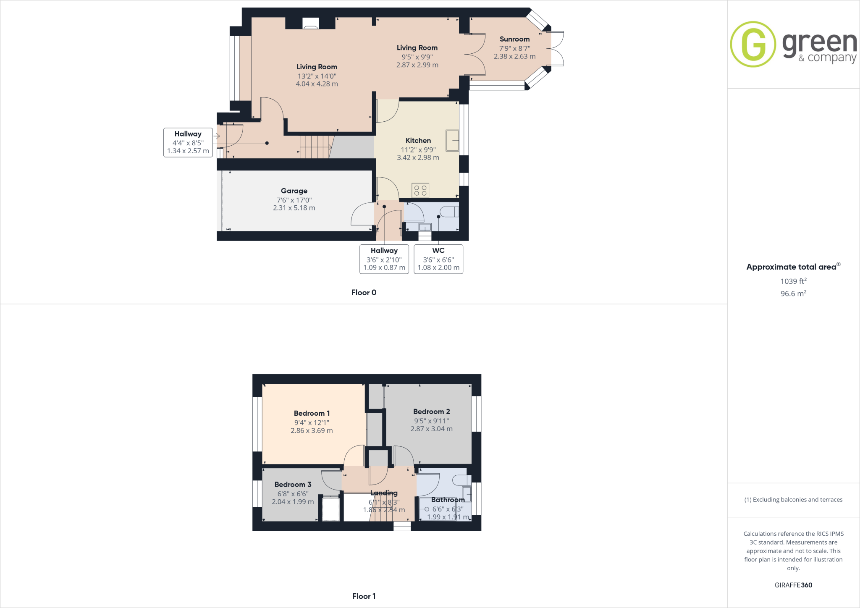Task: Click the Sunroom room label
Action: click(x=514, y=39)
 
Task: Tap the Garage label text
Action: click(x=294, y=191)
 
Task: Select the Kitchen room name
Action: click(x=418, y=141)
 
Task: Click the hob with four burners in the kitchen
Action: click(x=420, y=190)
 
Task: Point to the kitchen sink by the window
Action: click(x=452, y=140)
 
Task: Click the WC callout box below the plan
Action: click(x=438, y=259)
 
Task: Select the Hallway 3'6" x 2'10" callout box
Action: click(x=384, y=259)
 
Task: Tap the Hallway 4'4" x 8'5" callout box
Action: click(x=188, y=142)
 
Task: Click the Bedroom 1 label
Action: click(x=312, y=414)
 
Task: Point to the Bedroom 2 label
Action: click(x=431, y=412)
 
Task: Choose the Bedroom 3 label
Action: click(x=293, y=485)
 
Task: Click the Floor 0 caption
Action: click(x=364, y=293)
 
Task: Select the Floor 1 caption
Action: click(x=364, y=596)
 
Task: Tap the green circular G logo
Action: click(x=753, y=44)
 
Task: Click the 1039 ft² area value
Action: click(x=793, y=281)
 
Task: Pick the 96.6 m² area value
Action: click(x=793, y=294)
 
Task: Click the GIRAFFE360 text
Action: click(x=793, y=585)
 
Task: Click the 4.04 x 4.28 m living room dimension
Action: click(x=317, y=84)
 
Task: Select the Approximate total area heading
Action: click(x=792, y=267)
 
